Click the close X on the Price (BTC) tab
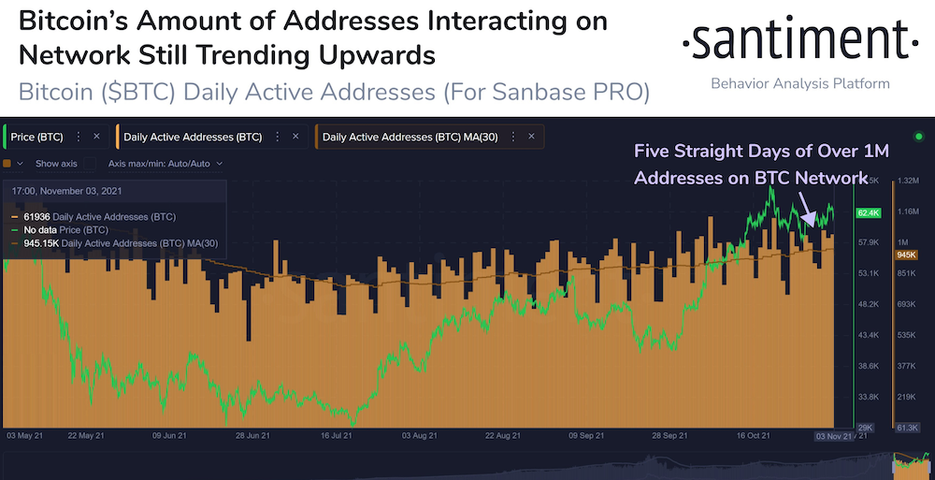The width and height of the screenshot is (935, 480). click(96, 137)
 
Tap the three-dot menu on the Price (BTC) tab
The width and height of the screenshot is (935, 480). click(79, 137)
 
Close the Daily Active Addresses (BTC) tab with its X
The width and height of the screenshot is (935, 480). click(295, 137)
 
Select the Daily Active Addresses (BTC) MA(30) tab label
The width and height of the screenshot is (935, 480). click(410, 137)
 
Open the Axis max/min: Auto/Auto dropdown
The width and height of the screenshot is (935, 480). click(165, 163)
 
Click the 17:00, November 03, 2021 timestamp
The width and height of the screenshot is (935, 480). click(70, 191)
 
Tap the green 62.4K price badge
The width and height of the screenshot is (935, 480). click(867, 213)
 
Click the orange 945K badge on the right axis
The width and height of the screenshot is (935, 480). click(906, 255)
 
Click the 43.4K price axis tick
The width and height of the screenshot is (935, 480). click(869, 334)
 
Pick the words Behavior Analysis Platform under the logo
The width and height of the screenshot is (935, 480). click(799, 84)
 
